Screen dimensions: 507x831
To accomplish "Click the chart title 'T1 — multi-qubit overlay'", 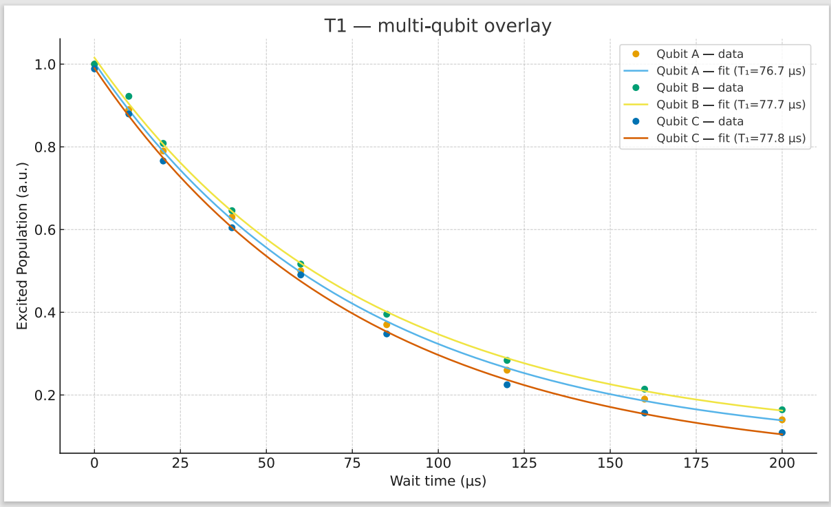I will pyautogui.click(x=438, y=26).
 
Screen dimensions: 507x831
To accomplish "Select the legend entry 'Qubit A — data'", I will pyautogui.click(x=700, y=54).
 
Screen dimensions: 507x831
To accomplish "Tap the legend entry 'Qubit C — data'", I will pyautogui.click(x=700, y=121).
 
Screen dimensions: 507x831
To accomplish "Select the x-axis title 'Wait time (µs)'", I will pyautogui.click(x=438, y=482).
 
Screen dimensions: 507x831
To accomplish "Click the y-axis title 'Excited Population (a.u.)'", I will pyautogui.click(x=23, y=246).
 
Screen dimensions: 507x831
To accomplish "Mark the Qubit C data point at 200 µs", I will pyautogui.click(x=782, y=433).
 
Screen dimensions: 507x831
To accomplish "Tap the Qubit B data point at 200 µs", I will pyautogui.click(x=782, y=410).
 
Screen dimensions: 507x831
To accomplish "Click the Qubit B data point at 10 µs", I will pyautogui.click(x=129, y=96).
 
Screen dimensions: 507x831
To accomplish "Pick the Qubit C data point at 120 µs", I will pyautogui.click(x=507, y=384).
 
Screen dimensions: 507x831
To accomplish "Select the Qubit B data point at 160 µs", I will pyautogui.click(x=645, y=389).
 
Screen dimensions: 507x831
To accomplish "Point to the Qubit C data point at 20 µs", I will pyautogui.click(x=163, y=161).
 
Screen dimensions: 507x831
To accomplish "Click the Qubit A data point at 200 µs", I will pyautogui.click(x=782, y=420).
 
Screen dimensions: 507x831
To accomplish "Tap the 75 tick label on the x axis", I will pyautogui.click(x=352, y=463).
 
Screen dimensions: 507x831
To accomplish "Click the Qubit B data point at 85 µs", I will pyautogui.click(x=387, y=314).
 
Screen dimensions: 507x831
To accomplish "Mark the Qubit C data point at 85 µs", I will pyautogui.click(x=387, y=333).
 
